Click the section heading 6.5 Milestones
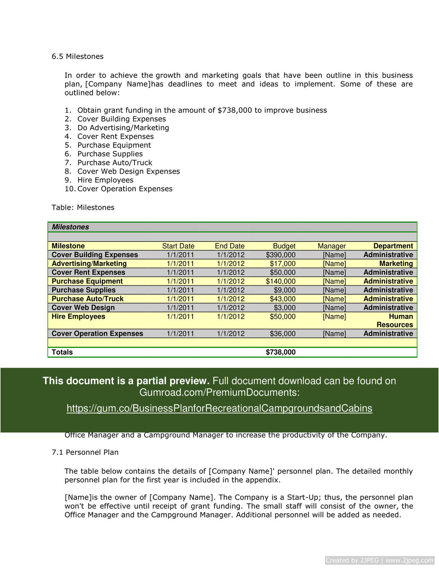pyautogui.click(x=77, y=56)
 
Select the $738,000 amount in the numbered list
pyautogui.click(x=235, y=110)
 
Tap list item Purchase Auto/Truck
pyautogui.click(x=114, y=163)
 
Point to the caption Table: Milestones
pyautogui.click(x=83, y=207)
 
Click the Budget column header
pyautogui.click(x=284, y=246)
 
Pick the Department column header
pyautogui.click(x=393, y=246)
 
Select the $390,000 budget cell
pyautogui.click(x=280, y=255)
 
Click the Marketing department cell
pyautogui.click(x=396, y=264)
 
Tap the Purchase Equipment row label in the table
pyautogui.click(x=87, y=281)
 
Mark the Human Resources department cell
pyautogui.click(x=394, y=321)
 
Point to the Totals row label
pyautogui.click(x=62, y=352)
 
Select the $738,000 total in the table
pyautogui.click(x=280, y=352)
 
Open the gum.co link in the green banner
pyautogui.click(x=219, y=408)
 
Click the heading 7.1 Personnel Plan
pyautogui.click(x=85, y=452)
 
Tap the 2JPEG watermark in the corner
pyautogui.click(x=379, y=560)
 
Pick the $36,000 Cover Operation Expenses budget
pyautogui.click(x=282, y=334)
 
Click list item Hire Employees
pyautogui.click(x=105, y=180)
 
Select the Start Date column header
pyautogui.click(x=178, y=246)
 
